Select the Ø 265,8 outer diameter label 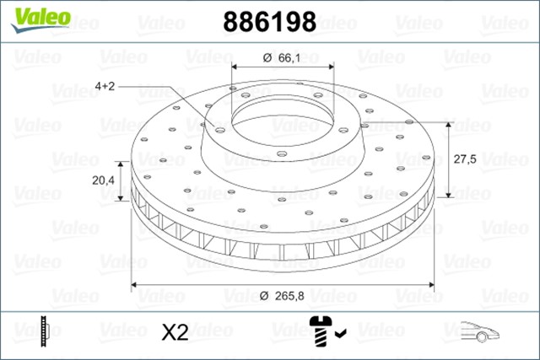283,295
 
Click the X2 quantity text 173,332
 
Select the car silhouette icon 478,331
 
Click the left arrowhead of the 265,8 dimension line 135,284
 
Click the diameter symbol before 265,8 265,295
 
